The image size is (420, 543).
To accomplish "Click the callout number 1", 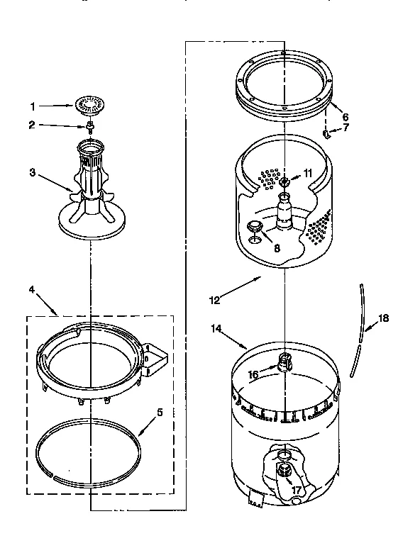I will (33, 107).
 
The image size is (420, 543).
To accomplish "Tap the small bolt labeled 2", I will (90, 128).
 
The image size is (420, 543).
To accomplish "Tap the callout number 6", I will (345, 118).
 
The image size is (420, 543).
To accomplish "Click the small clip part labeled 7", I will (327, 133).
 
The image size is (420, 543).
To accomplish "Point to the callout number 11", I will (308, 173).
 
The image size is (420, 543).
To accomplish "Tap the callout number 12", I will (214, 300).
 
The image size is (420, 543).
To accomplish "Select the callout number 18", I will (383, 318).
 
